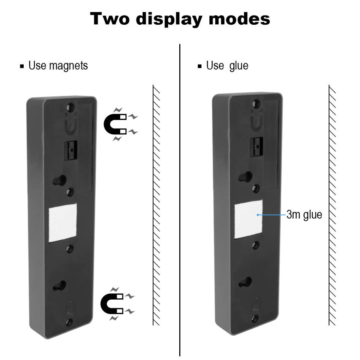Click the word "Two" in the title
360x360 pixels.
coord(110,19)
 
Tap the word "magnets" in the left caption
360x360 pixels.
coord(68,66)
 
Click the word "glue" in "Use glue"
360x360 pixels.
coord(239,66)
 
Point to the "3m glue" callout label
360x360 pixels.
coord(304,215)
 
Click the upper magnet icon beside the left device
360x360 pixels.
coord(120,124)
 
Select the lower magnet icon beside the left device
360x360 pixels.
coord(117,304)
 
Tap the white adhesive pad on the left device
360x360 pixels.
coord(63,222)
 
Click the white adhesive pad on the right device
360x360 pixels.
coord(248,219)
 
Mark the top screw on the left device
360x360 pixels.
coord(71,107)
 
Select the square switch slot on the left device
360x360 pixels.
coord(71,151)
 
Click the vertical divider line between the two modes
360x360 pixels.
coord(180,200)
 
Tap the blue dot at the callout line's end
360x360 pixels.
coord(258,215)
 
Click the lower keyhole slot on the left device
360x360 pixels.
coord(60,286)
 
